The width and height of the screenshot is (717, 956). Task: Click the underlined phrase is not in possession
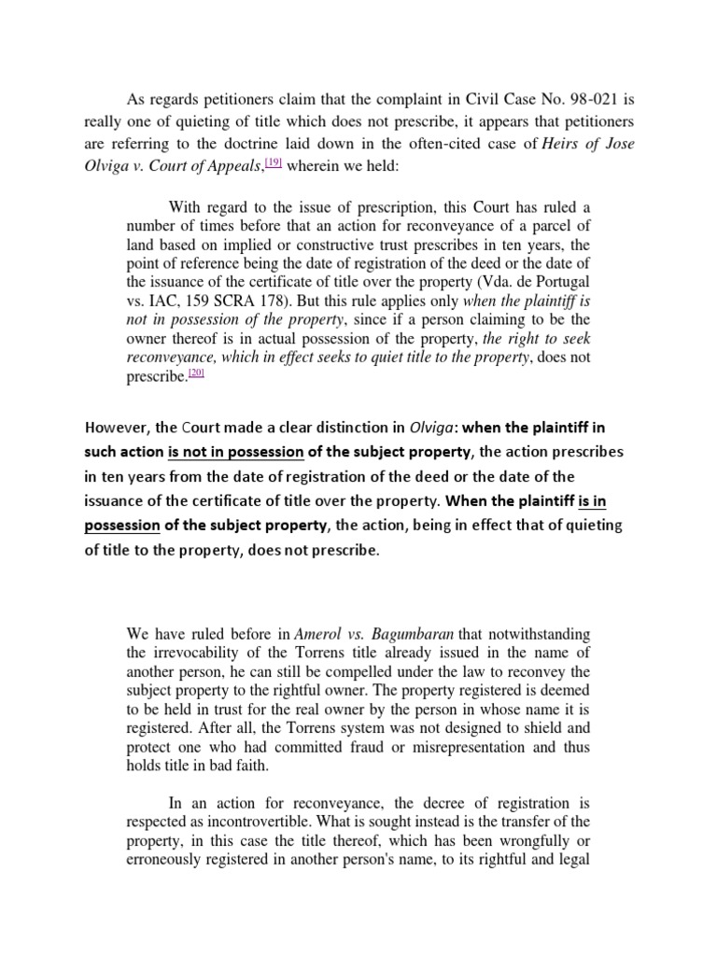point(235,453)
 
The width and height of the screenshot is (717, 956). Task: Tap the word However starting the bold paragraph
point(117,429)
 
